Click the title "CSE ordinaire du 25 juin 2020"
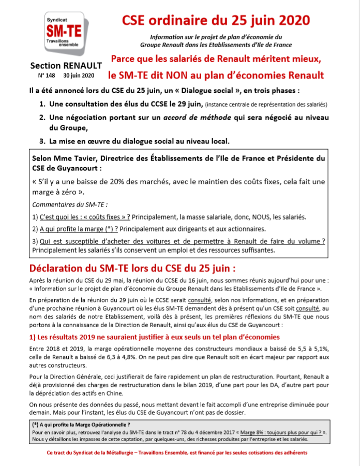(216, 20)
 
